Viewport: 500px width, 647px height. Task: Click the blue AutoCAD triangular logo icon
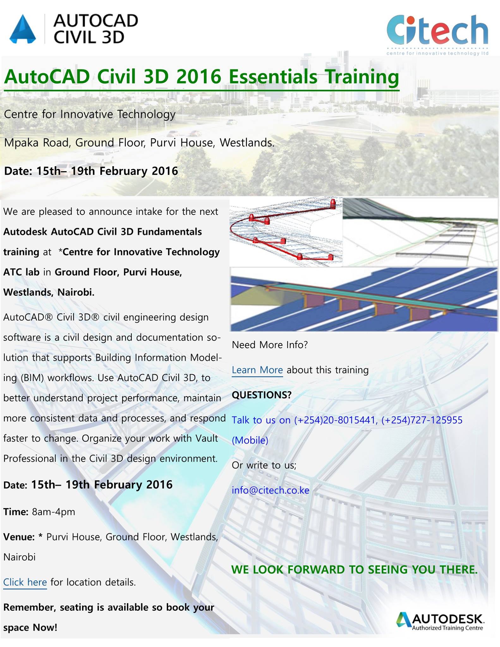coord(22,29)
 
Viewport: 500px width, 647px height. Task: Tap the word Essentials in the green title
coord(273,77)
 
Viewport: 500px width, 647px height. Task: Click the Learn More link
coord(257,370)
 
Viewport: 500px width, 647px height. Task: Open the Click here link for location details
coord(25,582)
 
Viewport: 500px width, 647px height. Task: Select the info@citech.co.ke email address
coord(271,490)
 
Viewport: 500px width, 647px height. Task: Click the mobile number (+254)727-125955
coord(422,420)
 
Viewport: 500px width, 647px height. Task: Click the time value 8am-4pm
coord(53,512)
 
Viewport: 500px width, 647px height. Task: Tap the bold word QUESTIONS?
coord(262,395)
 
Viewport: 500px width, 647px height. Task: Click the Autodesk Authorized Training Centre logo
coord(440,622)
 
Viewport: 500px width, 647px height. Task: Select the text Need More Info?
coord(270,345)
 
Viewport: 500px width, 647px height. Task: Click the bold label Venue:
coord(19,537)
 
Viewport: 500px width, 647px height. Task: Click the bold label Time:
coord(16,512)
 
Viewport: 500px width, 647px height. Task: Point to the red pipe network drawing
coord(286,232)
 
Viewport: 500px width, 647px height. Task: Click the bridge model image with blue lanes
coord(364,299)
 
